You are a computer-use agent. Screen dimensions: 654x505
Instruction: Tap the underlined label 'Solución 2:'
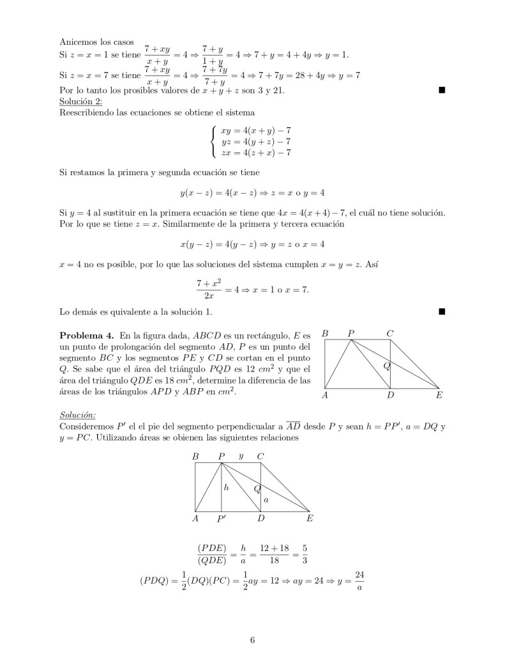pyautogui.click(x=80, y=101)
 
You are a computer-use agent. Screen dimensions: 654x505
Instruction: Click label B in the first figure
pyautogui.click(x=325, y=333)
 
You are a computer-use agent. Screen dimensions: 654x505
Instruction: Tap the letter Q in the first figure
pyautogui.click(x=386, y=366)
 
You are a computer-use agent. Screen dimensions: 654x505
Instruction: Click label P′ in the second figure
pyautogui.click(x=222, y=519)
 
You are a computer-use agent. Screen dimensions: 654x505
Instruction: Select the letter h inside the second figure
pyautogui.click(x=226, y=488)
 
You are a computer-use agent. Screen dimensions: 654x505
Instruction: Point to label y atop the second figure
pyautogui.click(x=241, y=456)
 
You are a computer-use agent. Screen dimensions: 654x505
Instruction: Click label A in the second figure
pyautogui.click(x=195, y=519)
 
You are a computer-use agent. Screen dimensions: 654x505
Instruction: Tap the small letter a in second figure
pyautogui.click(x=266, y=499)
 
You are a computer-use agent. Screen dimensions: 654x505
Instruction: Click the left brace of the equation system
pyautogui.click(x=213, y=141)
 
